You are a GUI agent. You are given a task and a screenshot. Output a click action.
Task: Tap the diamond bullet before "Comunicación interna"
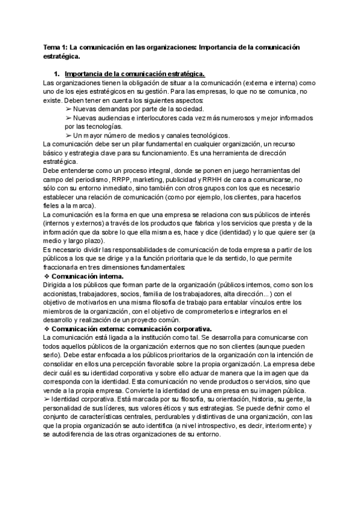click(47, 276)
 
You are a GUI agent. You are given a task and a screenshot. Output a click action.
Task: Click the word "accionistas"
click(63, 294)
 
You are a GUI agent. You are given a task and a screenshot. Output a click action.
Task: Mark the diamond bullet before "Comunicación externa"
click(47, 329)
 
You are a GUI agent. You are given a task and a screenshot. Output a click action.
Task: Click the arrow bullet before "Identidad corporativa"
click(47, 399)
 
